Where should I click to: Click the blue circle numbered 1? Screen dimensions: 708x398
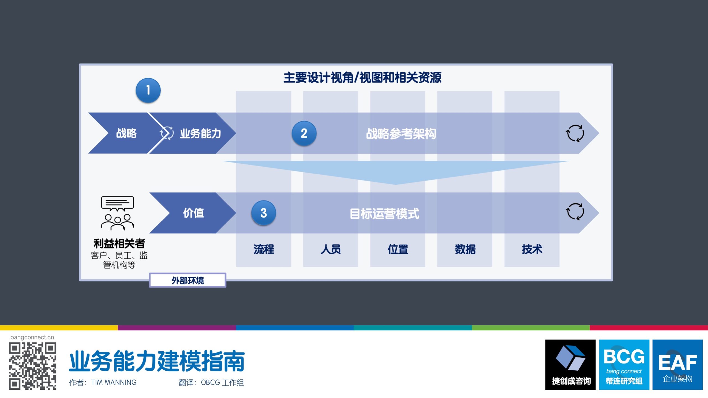[148, 90]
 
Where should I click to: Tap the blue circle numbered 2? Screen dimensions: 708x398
[304, 133]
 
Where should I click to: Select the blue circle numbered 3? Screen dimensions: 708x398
[264, 213]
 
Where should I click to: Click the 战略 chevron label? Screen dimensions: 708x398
[126, 133]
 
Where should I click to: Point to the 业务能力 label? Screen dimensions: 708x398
[201, 133]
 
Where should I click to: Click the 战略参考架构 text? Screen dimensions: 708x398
[401, 134]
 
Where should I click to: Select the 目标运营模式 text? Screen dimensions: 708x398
[384, 214]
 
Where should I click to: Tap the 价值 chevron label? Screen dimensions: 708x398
[193, 213]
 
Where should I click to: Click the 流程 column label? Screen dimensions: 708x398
[264, 249]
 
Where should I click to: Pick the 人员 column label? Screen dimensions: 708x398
[330, 249]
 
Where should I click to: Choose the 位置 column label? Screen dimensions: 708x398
[398, 249]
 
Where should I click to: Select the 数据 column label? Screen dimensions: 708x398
[465, 249]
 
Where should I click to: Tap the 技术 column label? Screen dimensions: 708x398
[532, 249]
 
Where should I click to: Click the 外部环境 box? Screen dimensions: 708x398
[188, 280]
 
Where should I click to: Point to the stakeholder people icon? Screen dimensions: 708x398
[118, 213]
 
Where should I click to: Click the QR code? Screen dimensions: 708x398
[32, 366]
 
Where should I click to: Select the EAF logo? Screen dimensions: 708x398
[678, 365]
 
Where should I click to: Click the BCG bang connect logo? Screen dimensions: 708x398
[624, 365]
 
